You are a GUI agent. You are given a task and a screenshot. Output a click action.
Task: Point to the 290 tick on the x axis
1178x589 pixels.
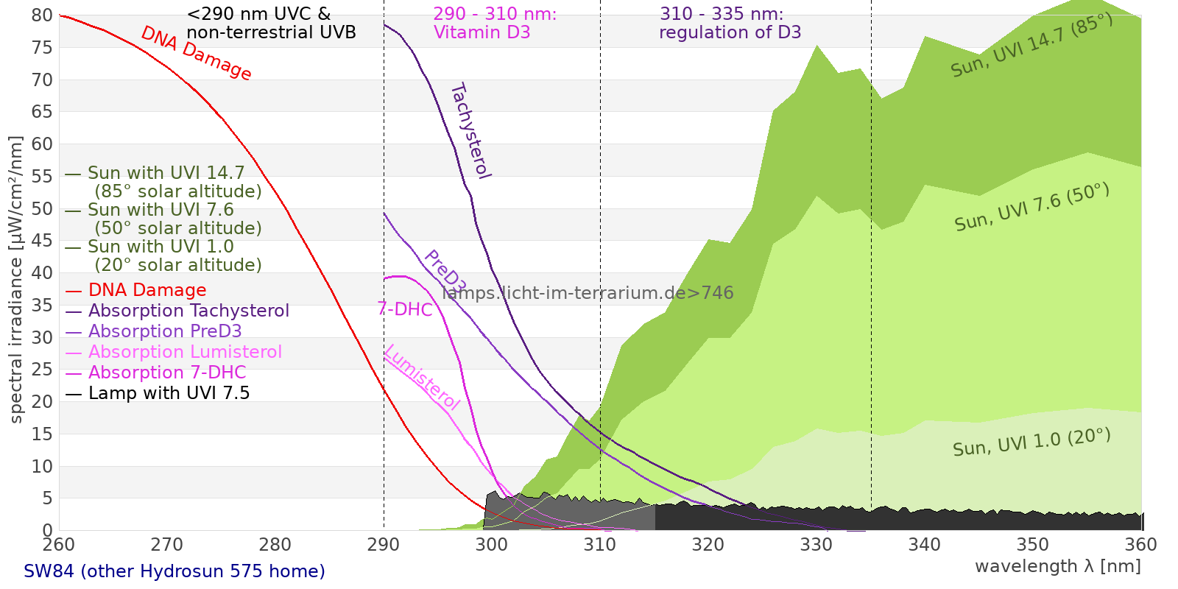pyautogui.click(x=384, y=545)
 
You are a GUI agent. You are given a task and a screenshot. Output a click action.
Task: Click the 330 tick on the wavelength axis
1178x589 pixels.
pyautogui.click(x=817, y=545)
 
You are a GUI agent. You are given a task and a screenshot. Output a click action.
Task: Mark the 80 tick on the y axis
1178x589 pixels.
pyautogui.click(x=43, y=15)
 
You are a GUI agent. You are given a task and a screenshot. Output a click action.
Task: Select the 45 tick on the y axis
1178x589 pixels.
pyautogui.click(x=43, y=241)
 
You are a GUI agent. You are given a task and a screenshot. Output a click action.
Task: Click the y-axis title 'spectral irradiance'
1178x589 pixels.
pyautogui.click(x=16, y=280)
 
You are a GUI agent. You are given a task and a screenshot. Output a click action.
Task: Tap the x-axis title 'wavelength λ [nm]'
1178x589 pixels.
pyautogui.click(x=1057, y=566)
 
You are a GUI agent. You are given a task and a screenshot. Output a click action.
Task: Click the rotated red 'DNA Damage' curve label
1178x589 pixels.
pyautogui.click(x=196, y=54)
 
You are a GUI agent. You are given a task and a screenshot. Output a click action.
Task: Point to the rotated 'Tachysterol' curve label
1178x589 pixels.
pyautogui.click(x=470, y=131)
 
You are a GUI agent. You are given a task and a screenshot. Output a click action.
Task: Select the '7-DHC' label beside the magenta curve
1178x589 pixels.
pyautogui.click(x=405, y=309)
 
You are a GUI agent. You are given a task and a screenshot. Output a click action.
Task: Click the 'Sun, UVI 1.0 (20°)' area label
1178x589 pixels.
pyautogui.click(x=1031, y=442)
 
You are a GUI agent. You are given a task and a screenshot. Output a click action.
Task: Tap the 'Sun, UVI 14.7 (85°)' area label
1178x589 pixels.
pyautogui.click(x=1031, y=46)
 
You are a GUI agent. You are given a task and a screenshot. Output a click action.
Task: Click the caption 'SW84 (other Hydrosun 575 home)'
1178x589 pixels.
pyautogui.click(x=174, y=571)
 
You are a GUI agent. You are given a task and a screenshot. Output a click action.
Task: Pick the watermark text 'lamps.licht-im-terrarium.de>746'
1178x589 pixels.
pyautogui.click(x=588, y=293)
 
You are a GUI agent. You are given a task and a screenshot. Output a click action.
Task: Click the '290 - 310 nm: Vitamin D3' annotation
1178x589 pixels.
pyautogui.click(x=495, y=24)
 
